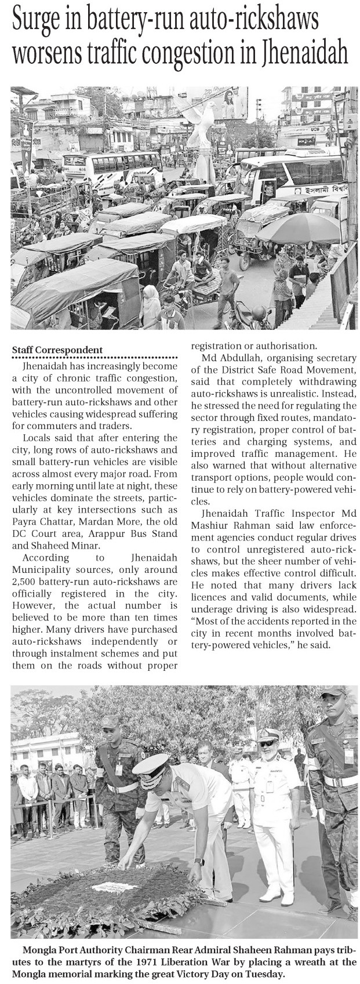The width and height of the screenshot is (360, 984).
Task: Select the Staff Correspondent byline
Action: click(x=57, y=350)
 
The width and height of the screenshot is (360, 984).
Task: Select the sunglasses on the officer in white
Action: click(x=267, y=743)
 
